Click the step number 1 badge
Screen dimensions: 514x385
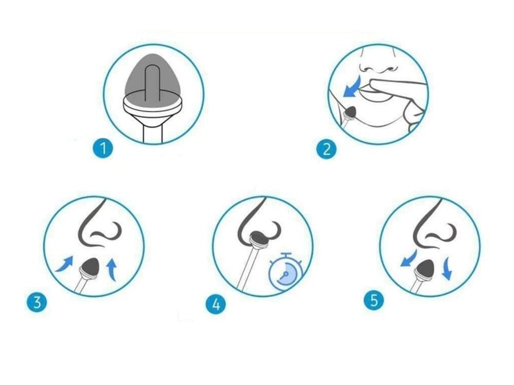coord(102,148)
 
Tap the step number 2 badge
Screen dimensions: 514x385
coord(326,149)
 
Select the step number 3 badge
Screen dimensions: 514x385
coord(37,301)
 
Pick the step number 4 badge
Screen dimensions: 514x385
coord(216,304)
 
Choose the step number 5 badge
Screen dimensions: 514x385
coord(374,300)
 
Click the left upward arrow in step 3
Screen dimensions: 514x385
coord(65,264)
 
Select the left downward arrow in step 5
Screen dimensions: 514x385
coord(409,258)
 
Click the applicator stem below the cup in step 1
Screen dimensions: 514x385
coord(153,134)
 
